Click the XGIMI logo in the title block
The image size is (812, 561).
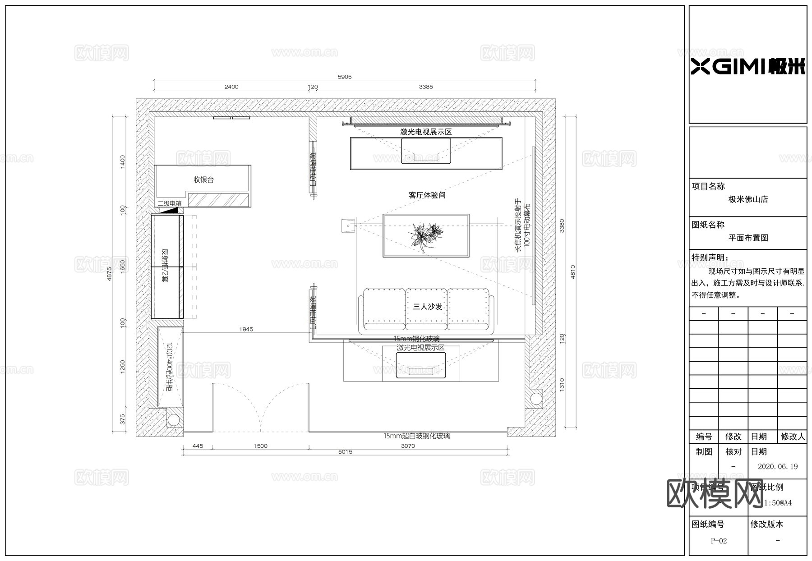click(x=748, y=67)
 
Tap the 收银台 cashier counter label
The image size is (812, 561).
click(x=203, y=179)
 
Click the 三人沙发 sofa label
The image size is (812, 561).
click(x=427, y=307)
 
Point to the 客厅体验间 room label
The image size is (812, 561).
click(x=427, y=195)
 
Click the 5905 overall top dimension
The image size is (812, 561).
click(x=345, y=77)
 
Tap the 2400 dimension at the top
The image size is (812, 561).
click(x=231, y=87)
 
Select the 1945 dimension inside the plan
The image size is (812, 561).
click(x=246, y=329)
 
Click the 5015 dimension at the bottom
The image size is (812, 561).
click(x=345, y=452)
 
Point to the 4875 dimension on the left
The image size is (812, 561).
click(x=109, y=274)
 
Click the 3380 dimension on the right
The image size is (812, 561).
click(x=562, y=225)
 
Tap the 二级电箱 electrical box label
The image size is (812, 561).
click(x=169, y=204)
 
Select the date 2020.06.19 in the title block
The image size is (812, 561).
click(x=778, y=467)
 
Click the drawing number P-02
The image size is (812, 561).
click(x=719, y=541)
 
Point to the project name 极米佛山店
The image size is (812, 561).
click(x=748, y=199)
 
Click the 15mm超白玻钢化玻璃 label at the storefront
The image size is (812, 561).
click(x=416, y=436)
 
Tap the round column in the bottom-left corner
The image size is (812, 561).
click(x=173, y=420)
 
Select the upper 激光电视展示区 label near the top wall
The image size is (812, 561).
click(x=426, y=132)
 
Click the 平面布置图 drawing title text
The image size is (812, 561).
click(x=748, y=238)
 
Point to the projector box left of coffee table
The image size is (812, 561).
click(x=348, y=225)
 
